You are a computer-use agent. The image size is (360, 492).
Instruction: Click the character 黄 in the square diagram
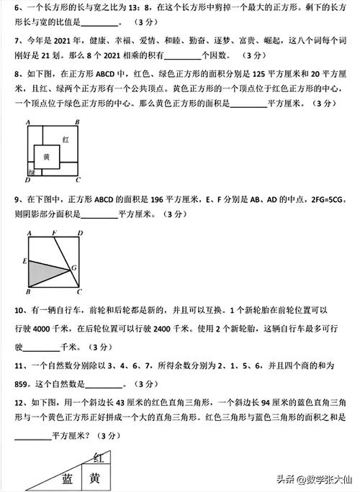pyautogui.click(x=46, y=157)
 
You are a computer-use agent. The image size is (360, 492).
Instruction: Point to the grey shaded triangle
pyautogui.click(x=47, y=270)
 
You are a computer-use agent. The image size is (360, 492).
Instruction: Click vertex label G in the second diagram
pyautogui.click(x=73, y=268)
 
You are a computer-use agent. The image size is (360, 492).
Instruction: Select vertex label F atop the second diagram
pyautogui.click(x=55, y=233)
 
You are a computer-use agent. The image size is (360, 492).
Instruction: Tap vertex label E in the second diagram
pyautogui.click(x=24, y=260)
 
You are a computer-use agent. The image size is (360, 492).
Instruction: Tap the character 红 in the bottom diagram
pyautogui.click(x=102, y=457)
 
